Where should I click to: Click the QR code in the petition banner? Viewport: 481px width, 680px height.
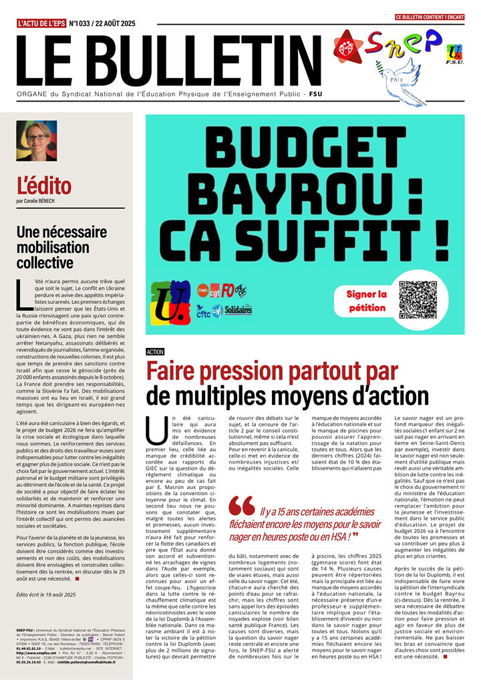[418, 300]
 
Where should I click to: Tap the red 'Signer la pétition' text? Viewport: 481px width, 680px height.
[366, 301]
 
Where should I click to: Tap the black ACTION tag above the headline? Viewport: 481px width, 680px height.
[154, 351]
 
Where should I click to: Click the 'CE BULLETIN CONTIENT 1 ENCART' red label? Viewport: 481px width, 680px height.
[430, 16]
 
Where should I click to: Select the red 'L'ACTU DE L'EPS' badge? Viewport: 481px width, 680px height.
[41, 23]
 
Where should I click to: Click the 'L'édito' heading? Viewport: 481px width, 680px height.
[43, 184]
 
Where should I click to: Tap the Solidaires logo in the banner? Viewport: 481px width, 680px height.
[238, 311]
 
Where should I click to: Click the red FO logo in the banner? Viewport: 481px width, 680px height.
[228, 290]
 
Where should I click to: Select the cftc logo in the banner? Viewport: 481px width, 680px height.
[203, 310]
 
